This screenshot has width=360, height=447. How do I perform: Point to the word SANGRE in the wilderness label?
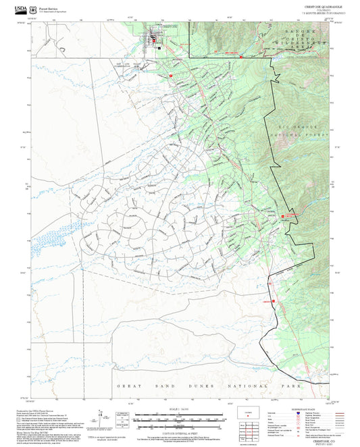pos(297,32)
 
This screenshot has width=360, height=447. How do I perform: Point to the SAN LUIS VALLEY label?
pos(128,65)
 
